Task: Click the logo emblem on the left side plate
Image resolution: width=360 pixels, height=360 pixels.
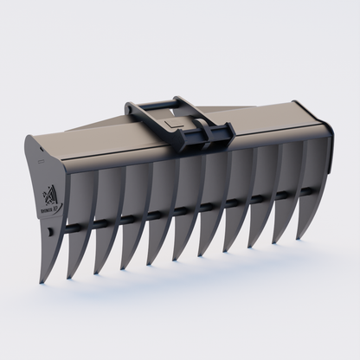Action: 48,194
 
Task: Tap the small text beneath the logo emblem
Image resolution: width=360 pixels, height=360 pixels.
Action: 49,208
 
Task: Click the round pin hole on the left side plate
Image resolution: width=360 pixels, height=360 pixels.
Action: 51,232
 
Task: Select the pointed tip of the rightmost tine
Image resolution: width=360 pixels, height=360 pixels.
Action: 300,238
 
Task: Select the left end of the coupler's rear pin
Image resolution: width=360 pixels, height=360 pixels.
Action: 130,109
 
